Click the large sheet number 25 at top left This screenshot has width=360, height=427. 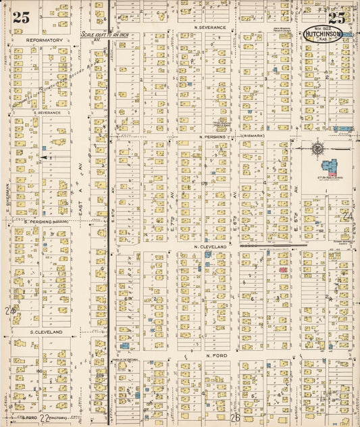point(21,18)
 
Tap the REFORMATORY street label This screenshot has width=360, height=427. point(45,40)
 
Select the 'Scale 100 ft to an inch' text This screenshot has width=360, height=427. point(105,34)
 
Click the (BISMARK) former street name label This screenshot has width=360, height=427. point(252,136)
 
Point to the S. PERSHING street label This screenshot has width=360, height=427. point(44,221)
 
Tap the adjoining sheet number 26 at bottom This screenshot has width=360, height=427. point(235,418)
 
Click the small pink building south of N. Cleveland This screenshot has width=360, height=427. point(284,270)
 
